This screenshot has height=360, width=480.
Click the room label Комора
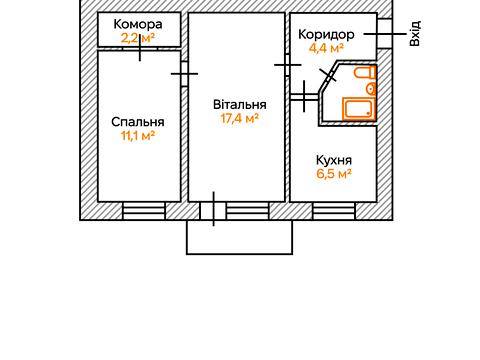(x=138, y=24)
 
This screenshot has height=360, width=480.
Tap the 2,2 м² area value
(x=138, y=38)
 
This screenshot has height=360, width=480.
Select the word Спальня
(x=138, y=123)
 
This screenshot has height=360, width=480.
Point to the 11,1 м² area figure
(x=138, y=137)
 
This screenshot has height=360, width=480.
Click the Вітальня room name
(x=239, y=103)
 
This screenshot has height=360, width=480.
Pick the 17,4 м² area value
(x=239, y=117)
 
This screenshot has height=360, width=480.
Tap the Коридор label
(x=327, y=33)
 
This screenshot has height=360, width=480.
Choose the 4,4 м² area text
(x=327, y=47)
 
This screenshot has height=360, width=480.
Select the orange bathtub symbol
(x=357, y=108)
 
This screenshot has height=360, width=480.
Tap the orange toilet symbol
(x=365, y=76)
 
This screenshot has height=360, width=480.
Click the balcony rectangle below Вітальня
(x=239, y=237)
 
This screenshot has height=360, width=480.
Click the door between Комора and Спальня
(x=139, y=50)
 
